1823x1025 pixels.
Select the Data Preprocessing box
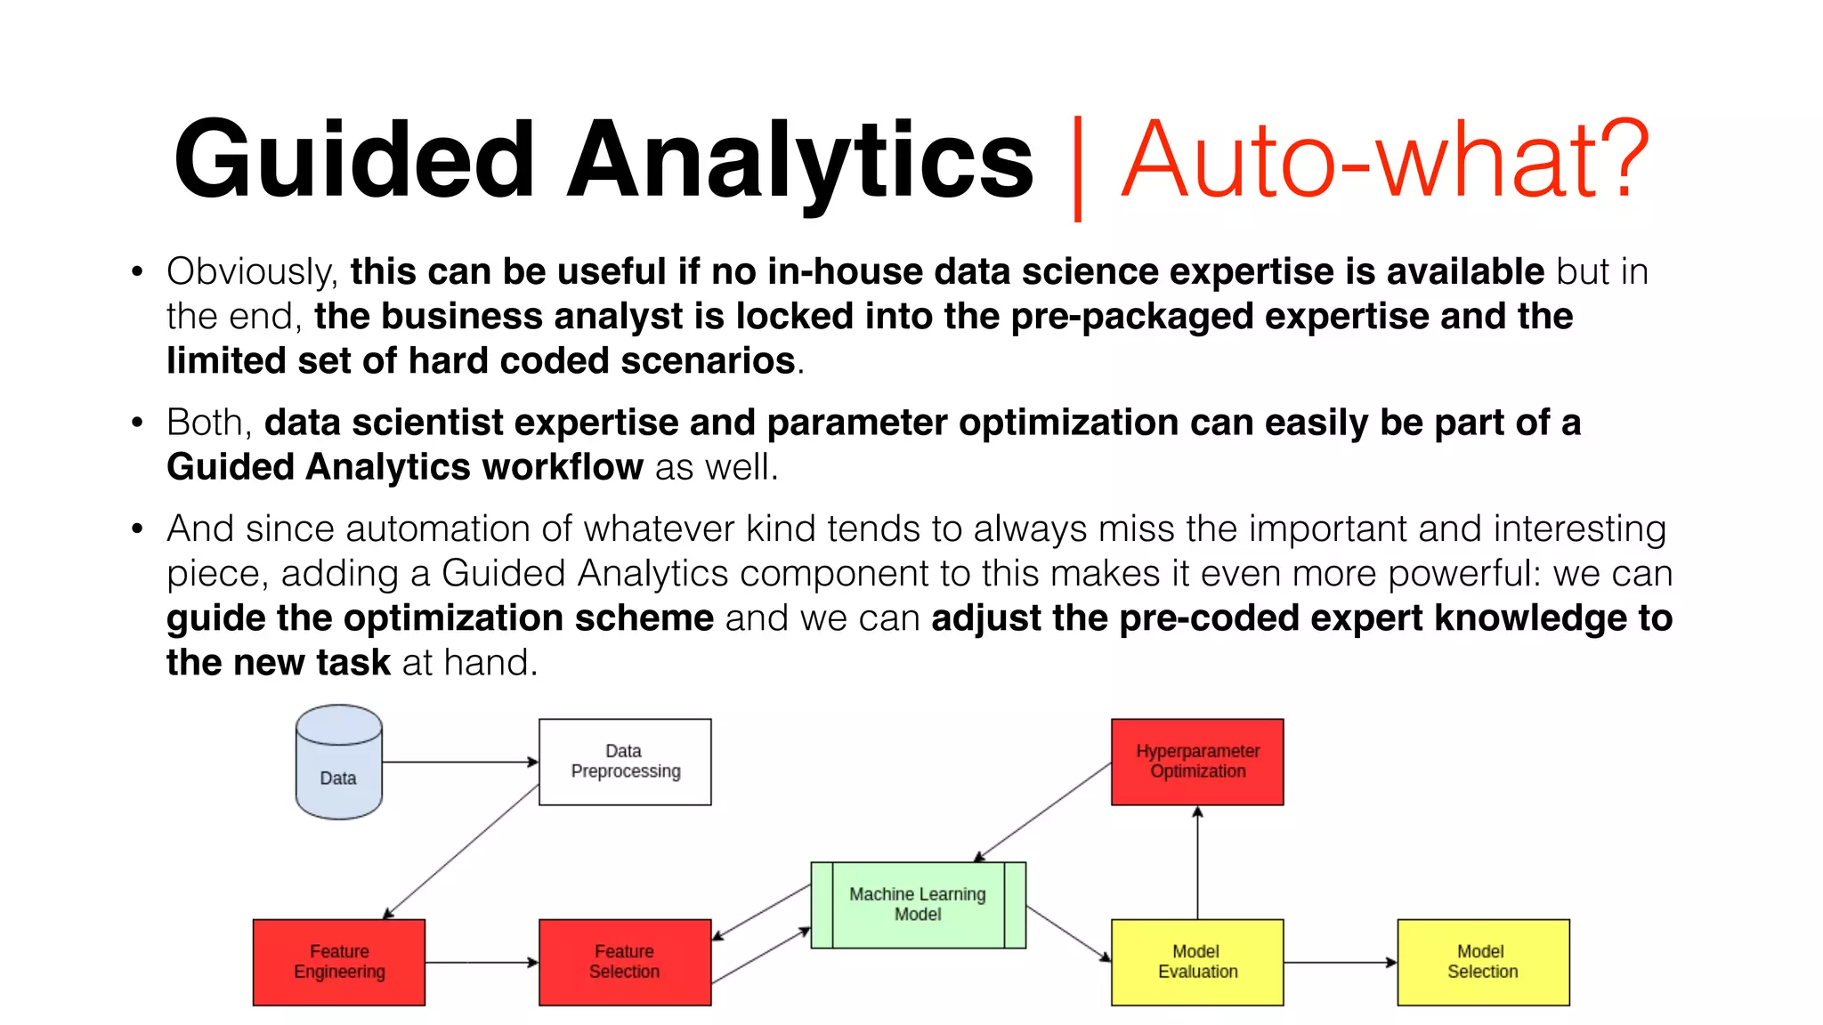625,762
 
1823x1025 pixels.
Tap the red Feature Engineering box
339,962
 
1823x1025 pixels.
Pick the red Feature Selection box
625,962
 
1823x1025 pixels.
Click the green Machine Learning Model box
918,904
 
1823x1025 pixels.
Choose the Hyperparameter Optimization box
1197,762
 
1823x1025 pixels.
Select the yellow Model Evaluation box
1197,962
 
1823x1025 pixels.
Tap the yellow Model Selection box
1483,962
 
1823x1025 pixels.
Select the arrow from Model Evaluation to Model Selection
1341,962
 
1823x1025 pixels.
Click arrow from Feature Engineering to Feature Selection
482,962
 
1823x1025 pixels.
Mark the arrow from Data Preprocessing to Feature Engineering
461,851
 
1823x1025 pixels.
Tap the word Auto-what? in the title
1385,160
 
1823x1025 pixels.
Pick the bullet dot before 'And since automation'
136,529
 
